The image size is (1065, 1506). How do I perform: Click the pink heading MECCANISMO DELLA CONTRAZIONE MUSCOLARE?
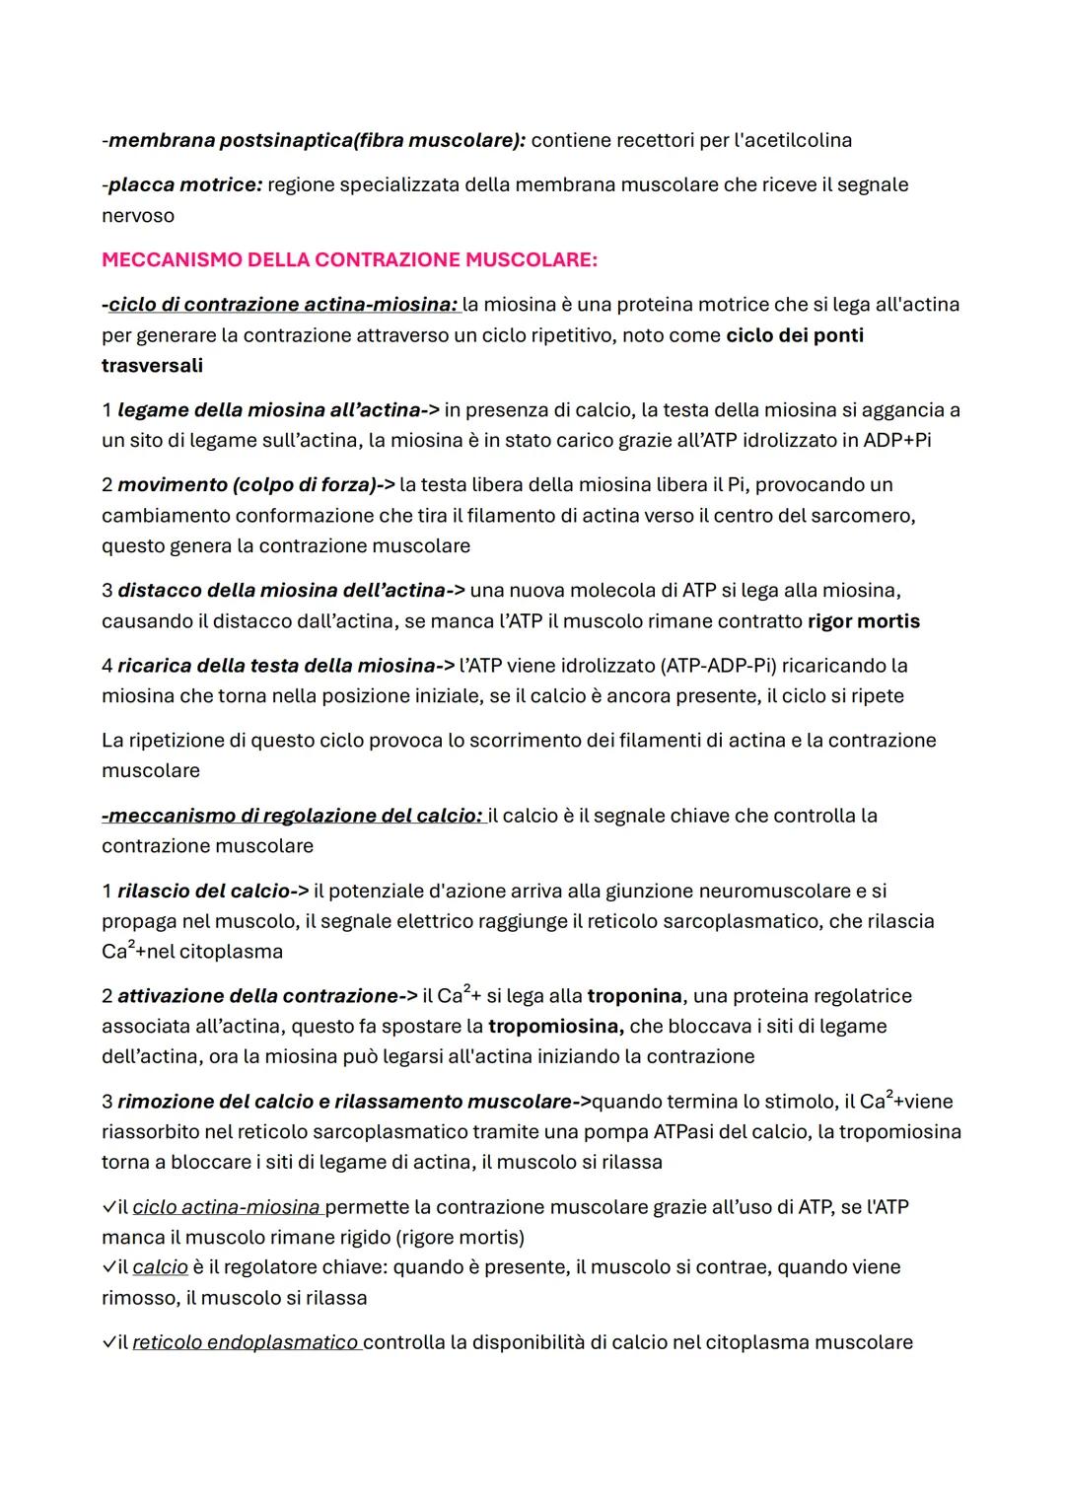(x=349, y=260)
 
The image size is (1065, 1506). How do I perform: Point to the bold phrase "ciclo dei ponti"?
(x=795, y=335)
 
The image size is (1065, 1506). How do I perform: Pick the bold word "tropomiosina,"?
(x=555, y=1027)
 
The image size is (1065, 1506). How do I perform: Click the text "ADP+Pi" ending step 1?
(x=896, y=440)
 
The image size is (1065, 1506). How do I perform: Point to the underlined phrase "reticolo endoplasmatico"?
(x=246, y=1342)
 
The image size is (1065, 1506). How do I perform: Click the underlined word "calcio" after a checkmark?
(x=160, y=1267)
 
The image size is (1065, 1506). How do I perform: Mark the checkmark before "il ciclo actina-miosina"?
(x=108, y=1207)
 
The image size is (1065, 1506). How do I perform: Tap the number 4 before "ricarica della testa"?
(x=106, y=666)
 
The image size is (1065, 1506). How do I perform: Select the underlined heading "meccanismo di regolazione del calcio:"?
(x=293, y=816)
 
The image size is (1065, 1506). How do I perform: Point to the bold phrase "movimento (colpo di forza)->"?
(x=256, y=485)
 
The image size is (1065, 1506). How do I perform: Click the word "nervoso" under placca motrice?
(x=138, y=215)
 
